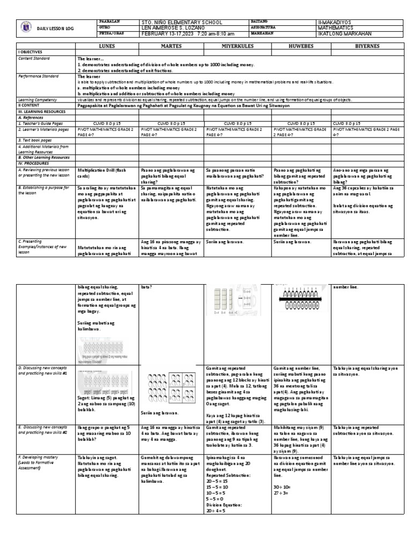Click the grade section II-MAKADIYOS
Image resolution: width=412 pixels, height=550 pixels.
pos(336,21)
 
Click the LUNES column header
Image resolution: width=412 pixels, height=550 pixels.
pos(107,46)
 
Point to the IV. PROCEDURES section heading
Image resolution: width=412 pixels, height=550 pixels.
pos(35,162)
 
